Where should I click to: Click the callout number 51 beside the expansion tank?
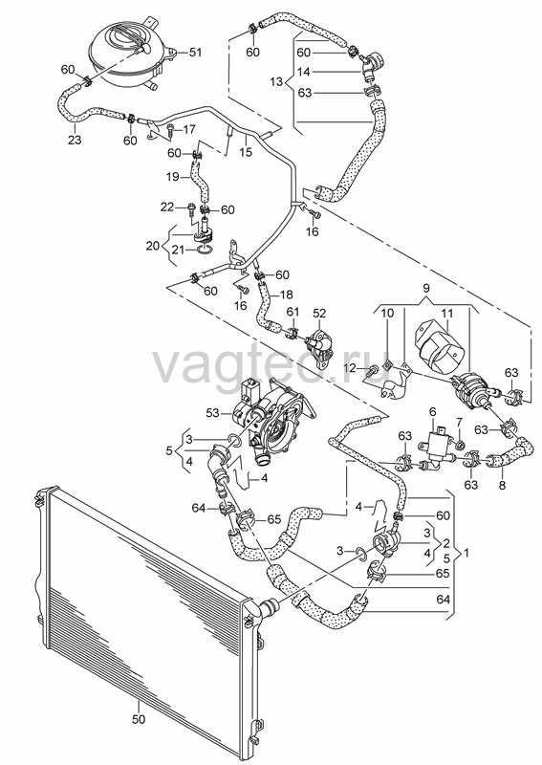pos(195,53)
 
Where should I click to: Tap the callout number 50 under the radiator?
pos(139,719)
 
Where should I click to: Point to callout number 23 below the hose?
pos(75,140)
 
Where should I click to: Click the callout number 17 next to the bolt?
pos(189,129)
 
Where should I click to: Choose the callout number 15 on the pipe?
pos(246,152)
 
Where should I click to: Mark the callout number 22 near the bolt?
pos(167,208)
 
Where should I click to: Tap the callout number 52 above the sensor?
pos(319,313)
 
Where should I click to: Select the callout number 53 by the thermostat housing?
pos(212,413)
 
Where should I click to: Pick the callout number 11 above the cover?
pos(447,313)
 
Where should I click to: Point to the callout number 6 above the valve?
pos(432,412)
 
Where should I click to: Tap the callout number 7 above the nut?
pos(459,421)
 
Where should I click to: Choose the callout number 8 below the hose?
pos(502,485)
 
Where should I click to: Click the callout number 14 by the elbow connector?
pos(303,72)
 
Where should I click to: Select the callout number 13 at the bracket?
pos(276,81)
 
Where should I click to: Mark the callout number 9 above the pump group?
pos(426,288)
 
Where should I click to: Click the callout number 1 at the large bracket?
pos(466,553)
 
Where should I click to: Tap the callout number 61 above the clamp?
pos(293,313)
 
